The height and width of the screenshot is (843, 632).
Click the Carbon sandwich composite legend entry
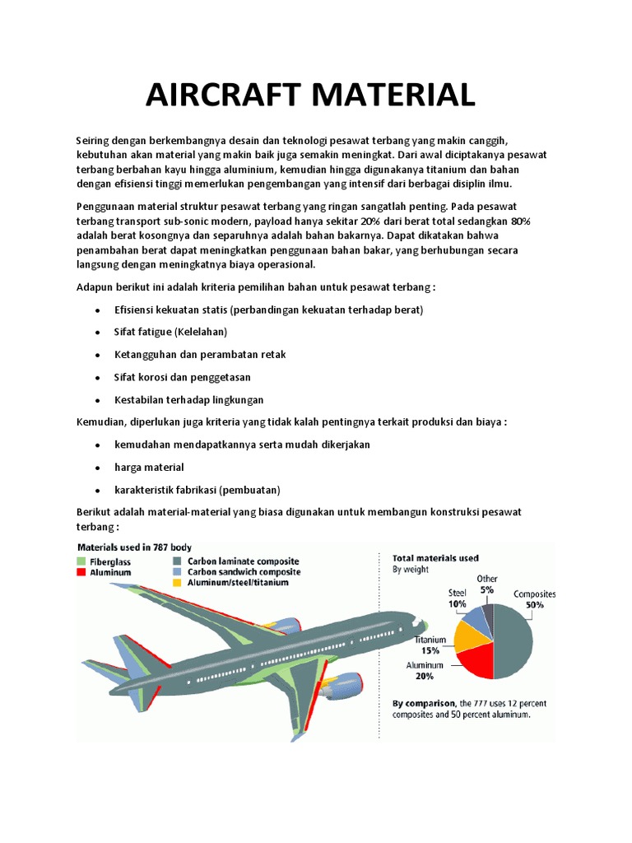(x=244, y=571)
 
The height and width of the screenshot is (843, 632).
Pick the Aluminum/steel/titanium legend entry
(x=239, y=582)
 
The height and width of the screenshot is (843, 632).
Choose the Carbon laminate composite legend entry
(x=244, y=561)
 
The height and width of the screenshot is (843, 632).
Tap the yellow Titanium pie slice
(x=470, y=633)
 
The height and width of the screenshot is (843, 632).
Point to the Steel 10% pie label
(x=457, y=598)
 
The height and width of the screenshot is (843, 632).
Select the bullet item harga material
(x=149, y=467)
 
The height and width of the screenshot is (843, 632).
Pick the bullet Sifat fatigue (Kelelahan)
(x=170, y=332)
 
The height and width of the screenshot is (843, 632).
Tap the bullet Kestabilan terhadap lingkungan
(x=189, y=399)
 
